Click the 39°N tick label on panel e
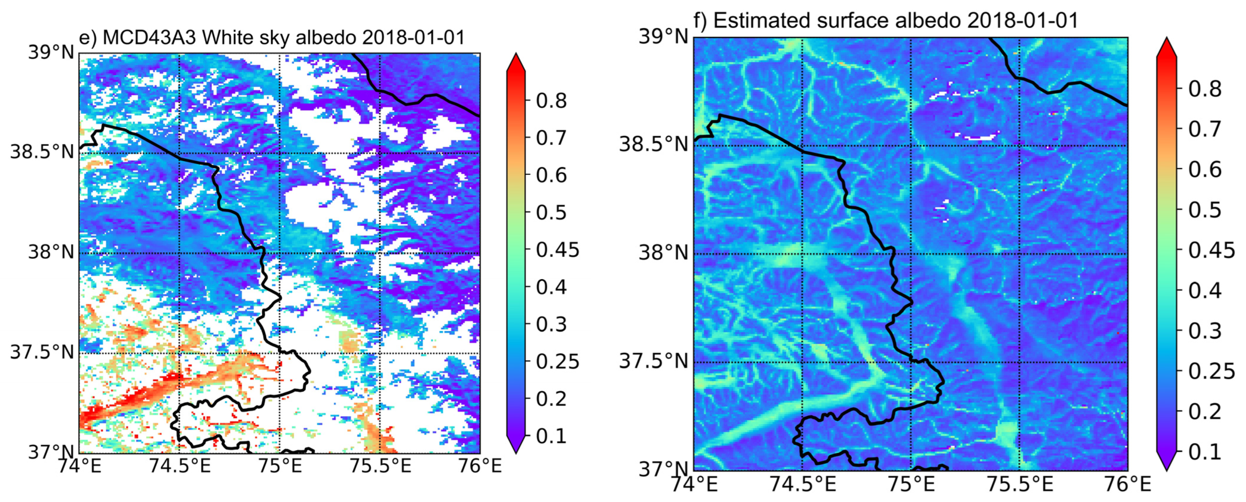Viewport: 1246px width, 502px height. click(x=51, y=52)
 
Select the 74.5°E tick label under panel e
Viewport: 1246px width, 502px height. click(x=179, y=466)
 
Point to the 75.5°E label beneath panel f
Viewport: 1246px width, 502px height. click(x=1019, y=483)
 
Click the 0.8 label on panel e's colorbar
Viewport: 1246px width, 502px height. click(x=551, y=101)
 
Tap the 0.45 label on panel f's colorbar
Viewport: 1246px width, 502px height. click(x=1211, y=250)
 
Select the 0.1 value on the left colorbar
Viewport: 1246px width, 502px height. click(x=551, y=436)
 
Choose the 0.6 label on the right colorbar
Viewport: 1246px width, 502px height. click(x=1204, y=169)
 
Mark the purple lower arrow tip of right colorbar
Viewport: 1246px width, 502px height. click(x=1166, y=465)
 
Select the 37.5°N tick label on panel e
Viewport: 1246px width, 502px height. click(x=42, y=352)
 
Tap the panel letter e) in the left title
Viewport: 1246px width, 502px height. click(x=88, y=38)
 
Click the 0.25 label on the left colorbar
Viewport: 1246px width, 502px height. click(x=557, y=361)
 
